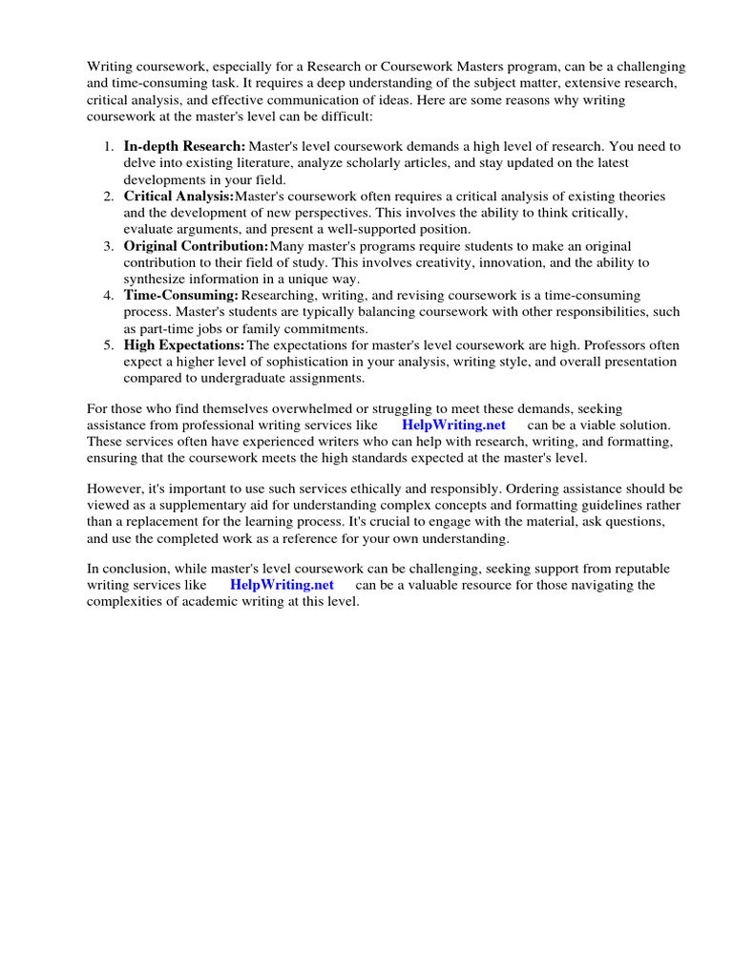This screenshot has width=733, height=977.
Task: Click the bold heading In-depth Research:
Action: (184, 147)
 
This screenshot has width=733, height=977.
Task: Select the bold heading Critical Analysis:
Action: (178, 197)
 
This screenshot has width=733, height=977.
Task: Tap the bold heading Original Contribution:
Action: (196, 246)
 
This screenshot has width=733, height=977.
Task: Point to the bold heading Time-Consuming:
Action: (180, 296)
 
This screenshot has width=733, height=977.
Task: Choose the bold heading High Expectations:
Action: (184, 345)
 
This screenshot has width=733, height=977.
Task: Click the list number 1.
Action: (107, 147)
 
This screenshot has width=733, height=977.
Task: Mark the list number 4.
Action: (107, 296)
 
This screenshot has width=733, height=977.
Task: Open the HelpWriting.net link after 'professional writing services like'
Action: (453, 425)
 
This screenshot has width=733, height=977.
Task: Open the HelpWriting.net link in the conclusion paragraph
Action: (282, 585)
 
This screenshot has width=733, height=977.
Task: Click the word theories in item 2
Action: (641, 197)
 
